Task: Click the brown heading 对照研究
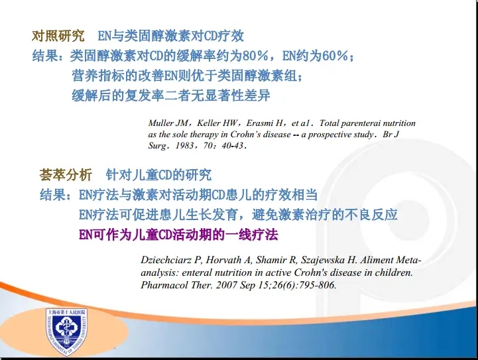click(58, 36)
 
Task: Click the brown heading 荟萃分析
click(66, 174)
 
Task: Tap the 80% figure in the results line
click(255, 56)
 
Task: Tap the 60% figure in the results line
click(335, 56)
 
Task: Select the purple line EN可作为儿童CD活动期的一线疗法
click(178, 235)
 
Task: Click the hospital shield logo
click(67, 332)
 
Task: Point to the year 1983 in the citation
click(184, 145)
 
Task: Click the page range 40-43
click(233, 145)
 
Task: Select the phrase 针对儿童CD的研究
click(158, 174)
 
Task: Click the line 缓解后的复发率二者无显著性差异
click(171, 95)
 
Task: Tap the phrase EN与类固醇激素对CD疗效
click(171, 36)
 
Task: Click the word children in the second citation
click(393, 272)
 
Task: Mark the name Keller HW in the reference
click(217, 123)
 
